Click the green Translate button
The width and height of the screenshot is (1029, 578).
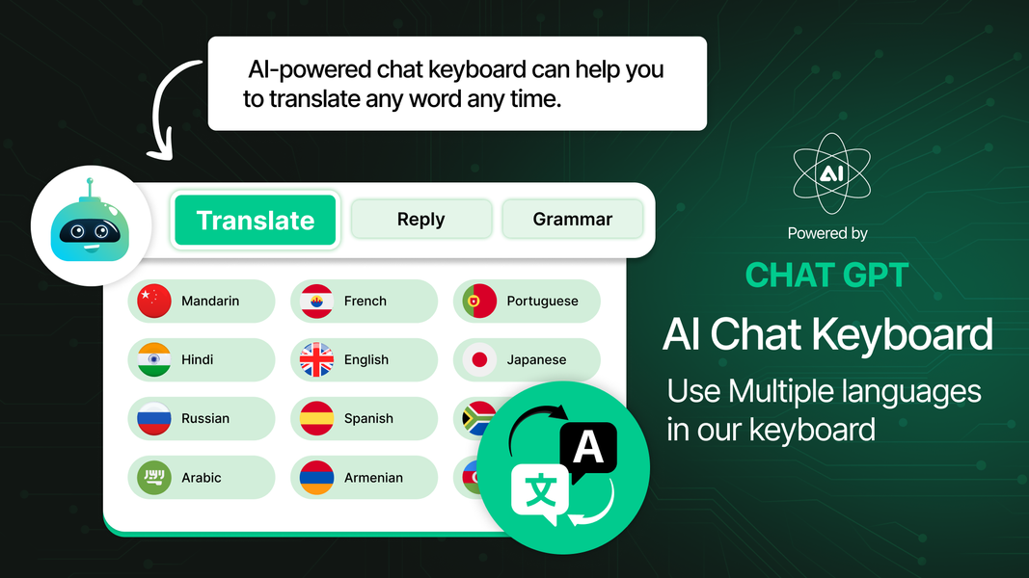click(256, 221)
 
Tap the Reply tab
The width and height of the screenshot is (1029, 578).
click(421, 220)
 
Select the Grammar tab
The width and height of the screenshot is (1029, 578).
click(572, 220)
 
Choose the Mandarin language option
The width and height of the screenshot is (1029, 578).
click(201, 302)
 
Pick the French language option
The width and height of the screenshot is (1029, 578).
click(364, 302)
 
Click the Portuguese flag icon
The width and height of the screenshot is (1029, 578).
click(479, 302)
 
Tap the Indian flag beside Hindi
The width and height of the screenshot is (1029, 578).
click(154, 360)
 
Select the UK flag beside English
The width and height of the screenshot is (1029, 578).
click(317, 360)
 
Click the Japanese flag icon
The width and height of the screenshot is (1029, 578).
click(479, 360)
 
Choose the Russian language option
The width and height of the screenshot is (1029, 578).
click(201, 419)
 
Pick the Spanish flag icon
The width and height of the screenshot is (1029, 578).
click(317, 419)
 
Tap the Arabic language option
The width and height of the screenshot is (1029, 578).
click(201, 478)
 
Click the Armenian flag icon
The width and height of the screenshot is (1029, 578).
click(317, 478)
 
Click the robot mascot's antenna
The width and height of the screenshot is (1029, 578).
click(90, 184)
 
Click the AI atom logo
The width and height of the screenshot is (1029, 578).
click(830, 173)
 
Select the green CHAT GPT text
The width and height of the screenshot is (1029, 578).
click(826, 276)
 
